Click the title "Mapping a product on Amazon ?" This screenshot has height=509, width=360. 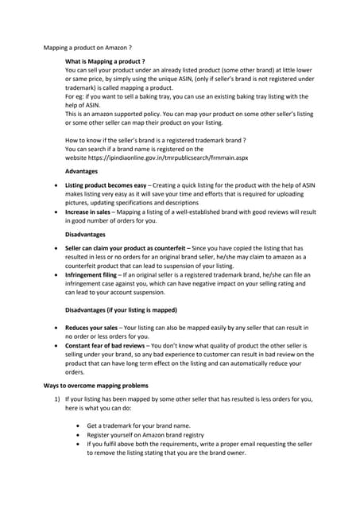coord(87,48)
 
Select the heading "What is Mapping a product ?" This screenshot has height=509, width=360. coord(105,61)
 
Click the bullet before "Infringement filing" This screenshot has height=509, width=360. coord(55,274)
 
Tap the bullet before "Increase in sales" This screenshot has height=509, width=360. coord(55,212)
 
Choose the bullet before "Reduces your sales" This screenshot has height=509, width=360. coord(55,327)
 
